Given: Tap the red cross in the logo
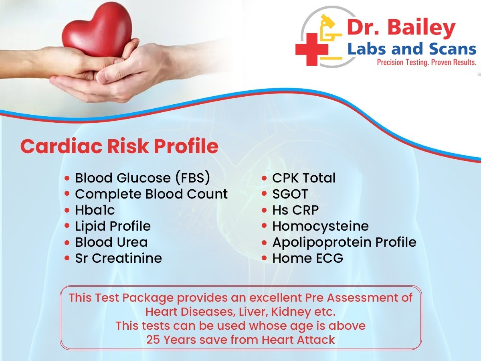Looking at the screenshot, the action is click(x=311, y=49).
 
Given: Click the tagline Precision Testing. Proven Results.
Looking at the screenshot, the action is click(x=426, y=63).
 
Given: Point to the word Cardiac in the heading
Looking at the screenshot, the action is click(x=61, y=146).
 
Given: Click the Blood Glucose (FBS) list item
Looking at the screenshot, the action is click(x=143, y=178).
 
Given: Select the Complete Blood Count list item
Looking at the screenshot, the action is click(x=152, y=194).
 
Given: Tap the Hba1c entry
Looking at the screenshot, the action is click(x=95, y=210).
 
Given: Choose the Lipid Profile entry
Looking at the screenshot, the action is click(x=113, y=226).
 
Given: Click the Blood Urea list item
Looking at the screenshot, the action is click(x=111, y=242).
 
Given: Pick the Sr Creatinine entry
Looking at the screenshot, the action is click(x=119, y=258).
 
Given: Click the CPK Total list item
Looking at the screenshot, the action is click(x=304, y=178).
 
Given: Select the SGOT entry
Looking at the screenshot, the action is click(x=290, y=194).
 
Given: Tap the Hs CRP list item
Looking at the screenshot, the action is click(x=295, y=210).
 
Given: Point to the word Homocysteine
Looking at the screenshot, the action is click(x=321, y=226).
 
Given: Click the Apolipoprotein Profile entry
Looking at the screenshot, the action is click(x=344, y=243).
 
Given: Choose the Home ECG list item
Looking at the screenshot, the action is click(x=308, y=258).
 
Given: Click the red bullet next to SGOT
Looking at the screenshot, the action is click(x=264, y=194).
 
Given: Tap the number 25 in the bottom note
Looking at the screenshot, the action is click(x=153, y=340).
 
